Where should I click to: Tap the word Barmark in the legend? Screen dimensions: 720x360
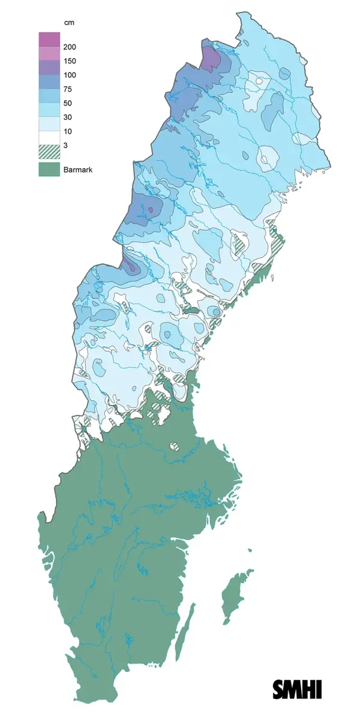(x=77, y=170)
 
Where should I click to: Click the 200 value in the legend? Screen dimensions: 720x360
(x=69, y=47)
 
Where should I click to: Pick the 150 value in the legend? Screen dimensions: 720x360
(x=69, y=61)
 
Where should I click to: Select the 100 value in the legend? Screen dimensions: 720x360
(x=69, y=75)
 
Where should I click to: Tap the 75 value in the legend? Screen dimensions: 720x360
(x=67, y=89)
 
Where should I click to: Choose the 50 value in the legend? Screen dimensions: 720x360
(x=67, y=103)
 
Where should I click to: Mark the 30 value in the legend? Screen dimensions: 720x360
(x=67, y=117)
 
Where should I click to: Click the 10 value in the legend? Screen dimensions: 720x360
(x=67, y=131)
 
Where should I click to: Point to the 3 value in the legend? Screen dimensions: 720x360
(x=64, y=145)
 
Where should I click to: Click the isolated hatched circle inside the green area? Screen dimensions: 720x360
(x=173, y=446)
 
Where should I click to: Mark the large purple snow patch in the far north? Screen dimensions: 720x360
(x=210, y=59)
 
